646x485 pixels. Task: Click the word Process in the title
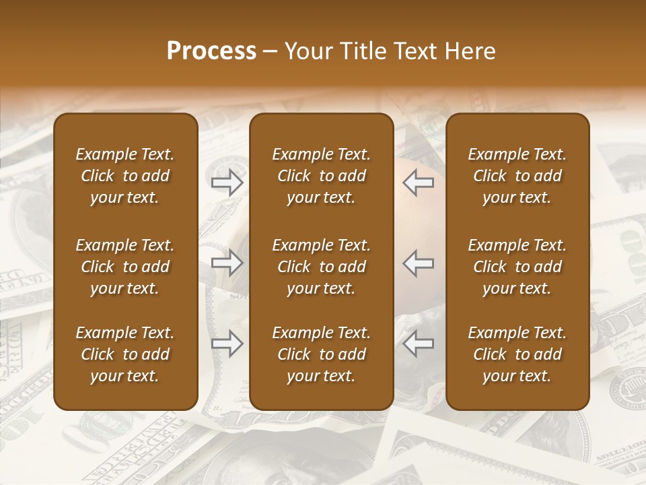tap(211, 51)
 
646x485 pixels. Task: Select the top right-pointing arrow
tap(227, 182)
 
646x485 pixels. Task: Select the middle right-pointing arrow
tap(227, 263)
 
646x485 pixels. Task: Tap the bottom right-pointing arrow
tap(227, 344)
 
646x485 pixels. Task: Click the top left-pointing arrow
tap(419, 182)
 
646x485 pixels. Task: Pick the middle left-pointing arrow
tap(419, 263)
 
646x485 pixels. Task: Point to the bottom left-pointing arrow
tap(419, 344)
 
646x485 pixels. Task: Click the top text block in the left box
tap(125, 176)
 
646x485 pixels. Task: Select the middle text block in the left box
tap(125, 267)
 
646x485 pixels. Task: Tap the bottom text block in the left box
tap(125, 354)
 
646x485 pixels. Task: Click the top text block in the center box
tap(321, 176)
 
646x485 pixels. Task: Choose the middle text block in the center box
tap(321, 267)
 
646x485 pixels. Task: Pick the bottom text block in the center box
tap(321, 354)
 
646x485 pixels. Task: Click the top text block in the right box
tap(517, 176)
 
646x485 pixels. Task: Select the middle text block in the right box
tap(517, 267)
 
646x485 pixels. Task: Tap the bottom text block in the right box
tap(517, 354)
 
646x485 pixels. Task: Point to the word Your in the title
tap(308, 51)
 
